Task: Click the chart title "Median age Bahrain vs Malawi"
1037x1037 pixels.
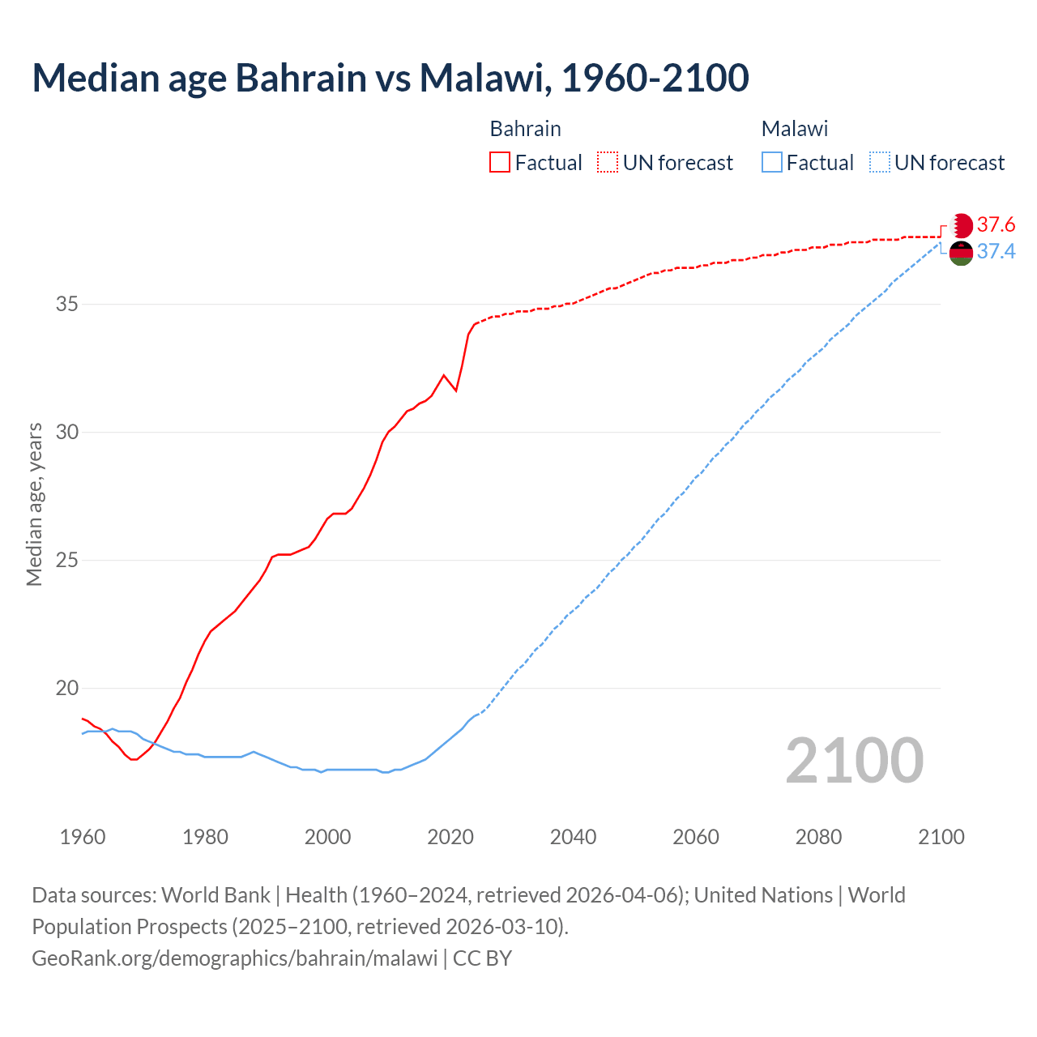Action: [390, 78]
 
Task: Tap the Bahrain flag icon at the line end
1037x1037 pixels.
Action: [961, 225]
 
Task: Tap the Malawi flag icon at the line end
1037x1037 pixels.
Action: [961, 253]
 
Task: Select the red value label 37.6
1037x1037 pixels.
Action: [996, 224]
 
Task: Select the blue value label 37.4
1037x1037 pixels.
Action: [996, 252]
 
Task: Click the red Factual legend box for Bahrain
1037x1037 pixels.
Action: [500, 163]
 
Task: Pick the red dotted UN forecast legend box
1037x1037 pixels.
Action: [608, 163]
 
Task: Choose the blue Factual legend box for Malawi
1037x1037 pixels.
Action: [772, 163]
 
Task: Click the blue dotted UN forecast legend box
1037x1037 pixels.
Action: [879, 163]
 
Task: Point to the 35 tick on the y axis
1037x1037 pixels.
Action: [67, 305]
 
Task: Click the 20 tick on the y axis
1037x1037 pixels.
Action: [67, 689]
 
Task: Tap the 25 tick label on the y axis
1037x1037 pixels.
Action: [67, 561]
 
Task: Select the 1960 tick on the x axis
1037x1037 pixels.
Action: [83, 837]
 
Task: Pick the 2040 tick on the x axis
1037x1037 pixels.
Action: [573, 837]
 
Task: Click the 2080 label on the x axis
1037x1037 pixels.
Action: [818, 837]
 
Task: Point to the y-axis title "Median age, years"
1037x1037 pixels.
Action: [34, 504]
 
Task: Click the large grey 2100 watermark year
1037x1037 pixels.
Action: [854, 761]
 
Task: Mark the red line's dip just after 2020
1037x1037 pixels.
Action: [456, 390]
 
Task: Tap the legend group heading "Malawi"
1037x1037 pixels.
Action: [794, 129]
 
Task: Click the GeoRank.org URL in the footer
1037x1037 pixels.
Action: [235, 958]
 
